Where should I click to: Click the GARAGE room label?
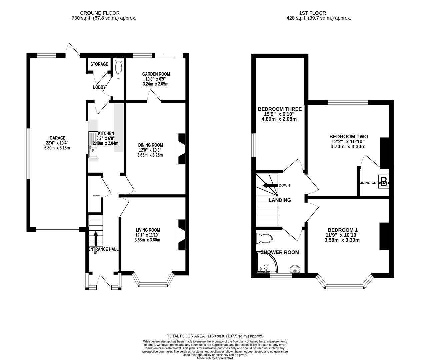click(x=57, y=138)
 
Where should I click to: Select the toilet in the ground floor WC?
click(x=118, y=67)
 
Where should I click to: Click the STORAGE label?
click(x=99, y=64)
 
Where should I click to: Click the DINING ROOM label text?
click(x=151, y=145)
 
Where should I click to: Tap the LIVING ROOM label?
click(x=148, y=230)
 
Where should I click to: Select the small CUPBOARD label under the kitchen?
click(x=96, y=195)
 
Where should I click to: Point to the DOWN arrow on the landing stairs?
click(x=270, y=185)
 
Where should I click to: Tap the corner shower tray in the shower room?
click(x=265, y=265)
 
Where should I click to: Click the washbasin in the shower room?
click(x=295, y=269)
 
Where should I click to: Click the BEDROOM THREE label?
click(x=280, y=109)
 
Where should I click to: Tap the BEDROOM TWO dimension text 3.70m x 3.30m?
click(x=348, y=146)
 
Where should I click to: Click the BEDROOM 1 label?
click(x=342, y=230)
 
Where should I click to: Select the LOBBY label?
click(x=99, y=87)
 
